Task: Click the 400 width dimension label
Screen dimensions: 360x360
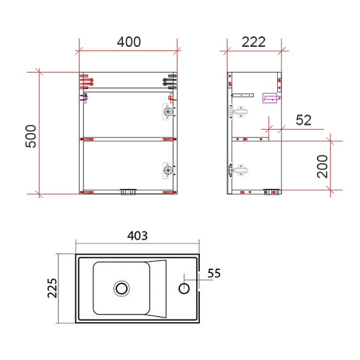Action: coord(129,42)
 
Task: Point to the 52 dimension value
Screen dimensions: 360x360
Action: coord(304,120)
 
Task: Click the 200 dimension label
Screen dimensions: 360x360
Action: coord(322,166)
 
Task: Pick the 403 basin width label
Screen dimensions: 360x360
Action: coord(137,236)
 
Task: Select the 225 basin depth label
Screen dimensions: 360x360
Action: coord(52,290)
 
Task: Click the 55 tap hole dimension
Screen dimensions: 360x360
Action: coord(214,274)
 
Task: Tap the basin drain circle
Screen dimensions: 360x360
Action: coord(122,289)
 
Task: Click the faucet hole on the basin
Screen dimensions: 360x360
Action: coord(184,289)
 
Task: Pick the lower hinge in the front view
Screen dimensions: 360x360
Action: coord(167,170)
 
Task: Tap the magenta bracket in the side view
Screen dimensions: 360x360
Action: coord(272,97)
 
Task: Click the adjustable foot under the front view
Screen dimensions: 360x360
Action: coord(128,192)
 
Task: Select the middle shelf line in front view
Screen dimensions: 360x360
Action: coord(128,139)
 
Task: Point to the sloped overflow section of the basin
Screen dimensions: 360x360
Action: coord(158,289)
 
